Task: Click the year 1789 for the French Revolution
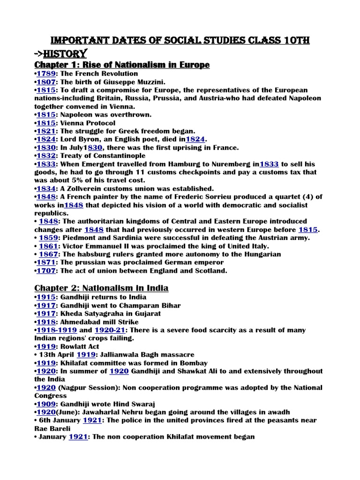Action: (x=45, y=74)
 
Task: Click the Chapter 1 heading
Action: (x=122, y=64)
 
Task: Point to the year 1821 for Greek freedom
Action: (x=45, y=131)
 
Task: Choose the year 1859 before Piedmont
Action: (x=47, y=238)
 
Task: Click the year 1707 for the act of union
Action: (x=45, y=270)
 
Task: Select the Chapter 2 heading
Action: (x=101, y=288)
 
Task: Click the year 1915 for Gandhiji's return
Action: (x=45, y=297)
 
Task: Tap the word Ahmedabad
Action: (x=86, y=322)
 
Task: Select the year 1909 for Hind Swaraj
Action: (x=45, y=404)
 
